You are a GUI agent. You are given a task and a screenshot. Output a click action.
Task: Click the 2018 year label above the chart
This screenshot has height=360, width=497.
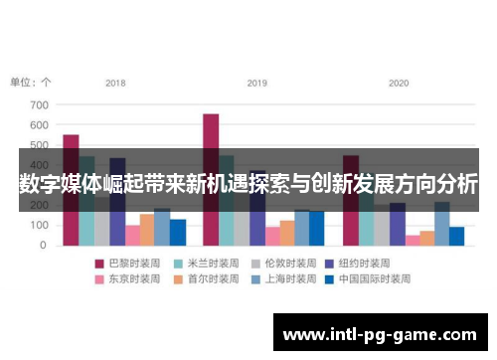click(x=115, y=83)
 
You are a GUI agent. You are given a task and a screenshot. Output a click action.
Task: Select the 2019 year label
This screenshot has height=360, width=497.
click(x=257, y=83)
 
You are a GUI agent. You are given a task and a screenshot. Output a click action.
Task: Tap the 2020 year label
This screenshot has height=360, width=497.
click(x=399, y=83)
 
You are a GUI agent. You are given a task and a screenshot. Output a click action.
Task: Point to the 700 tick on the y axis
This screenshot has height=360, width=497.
click(x=39, y=104)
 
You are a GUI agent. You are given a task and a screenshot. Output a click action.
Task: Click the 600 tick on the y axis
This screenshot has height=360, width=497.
click(x=39, y=125)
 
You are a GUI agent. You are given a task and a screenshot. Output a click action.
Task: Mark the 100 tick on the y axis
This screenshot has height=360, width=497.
click(x=39, y=226)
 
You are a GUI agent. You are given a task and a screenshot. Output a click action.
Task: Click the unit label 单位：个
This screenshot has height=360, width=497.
click(x=31, y=83)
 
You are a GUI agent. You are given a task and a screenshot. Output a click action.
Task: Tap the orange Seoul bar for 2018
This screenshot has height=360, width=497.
click(x=147, y=230)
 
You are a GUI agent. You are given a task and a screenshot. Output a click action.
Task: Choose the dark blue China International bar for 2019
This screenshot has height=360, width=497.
click(x=317, y=228)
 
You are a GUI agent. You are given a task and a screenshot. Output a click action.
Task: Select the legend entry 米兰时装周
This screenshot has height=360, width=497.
click(x=204, y=264)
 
